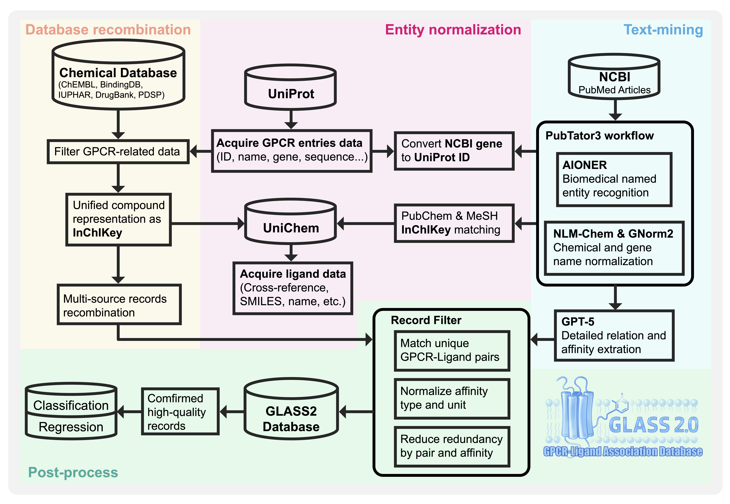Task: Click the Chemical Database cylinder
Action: coord(118,75)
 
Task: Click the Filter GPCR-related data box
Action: coord(118,152)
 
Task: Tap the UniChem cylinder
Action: coord(290,222)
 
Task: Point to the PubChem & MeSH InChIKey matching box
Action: coord(454,223)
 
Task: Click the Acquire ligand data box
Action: coord(293,288)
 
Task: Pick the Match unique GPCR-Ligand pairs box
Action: coord(452,351)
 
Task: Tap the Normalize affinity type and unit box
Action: coord(452,398)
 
